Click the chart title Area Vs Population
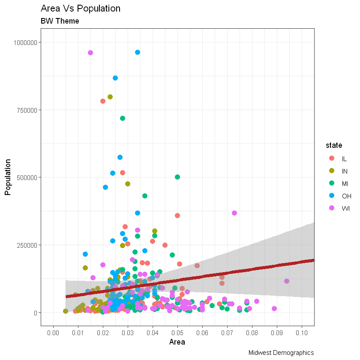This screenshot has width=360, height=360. coord(81,9)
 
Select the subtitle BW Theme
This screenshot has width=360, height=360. coord(60,21)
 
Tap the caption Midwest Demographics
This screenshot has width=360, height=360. coord(281,353)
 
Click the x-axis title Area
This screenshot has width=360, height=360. coord(177,342)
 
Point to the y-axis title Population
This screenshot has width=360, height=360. coord(7,177)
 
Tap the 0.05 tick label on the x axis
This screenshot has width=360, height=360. coord(177,332)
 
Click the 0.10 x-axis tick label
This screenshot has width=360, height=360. coord(301,332)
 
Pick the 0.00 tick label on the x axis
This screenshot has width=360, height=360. coord(53,332)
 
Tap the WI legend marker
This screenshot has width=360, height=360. coord(331,208)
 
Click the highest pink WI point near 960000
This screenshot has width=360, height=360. coord(90,53)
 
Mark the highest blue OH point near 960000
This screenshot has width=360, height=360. coord(138,52)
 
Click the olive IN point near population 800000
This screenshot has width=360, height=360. coord(110,97)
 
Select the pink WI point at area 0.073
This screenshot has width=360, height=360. coord(234,213)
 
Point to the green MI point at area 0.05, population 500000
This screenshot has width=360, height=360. coord(177,177)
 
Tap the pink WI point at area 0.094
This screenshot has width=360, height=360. coord(287,281)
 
